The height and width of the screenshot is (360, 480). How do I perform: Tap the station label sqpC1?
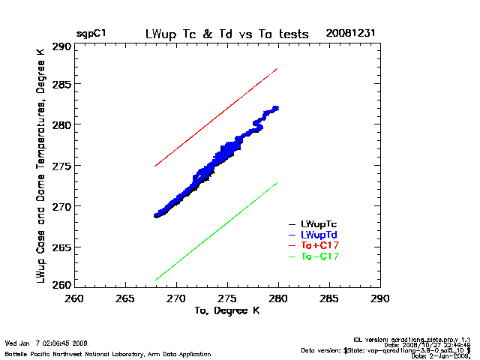(x=91, y=34)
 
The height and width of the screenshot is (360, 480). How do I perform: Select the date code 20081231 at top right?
(x=351, y=34)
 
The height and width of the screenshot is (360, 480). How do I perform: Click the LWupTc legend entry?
(x=315, y=223)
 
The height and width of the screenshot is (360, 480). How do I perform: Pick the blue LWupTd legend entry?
(x=315, y=235)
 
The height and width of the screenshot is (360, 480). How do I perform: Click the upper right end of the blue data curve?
(x=277, y=108)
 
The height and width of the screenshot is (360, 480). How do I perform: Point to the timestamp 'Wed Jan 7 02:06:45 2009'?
(x=46, y=343)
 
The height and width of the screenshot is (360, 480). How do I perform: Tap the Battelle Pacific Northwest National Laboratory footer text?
(x=108, y=353)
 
